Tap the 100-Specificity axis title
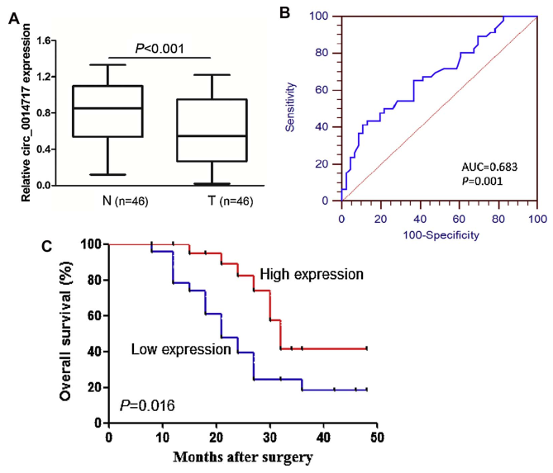(x=439, y=232)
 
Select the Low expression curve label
(x=180, y=349)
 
